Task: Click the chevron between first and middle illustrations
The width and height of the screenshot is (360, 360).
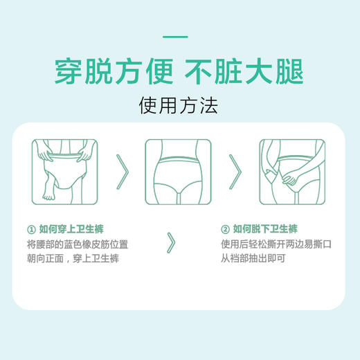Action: (x=123, y=170)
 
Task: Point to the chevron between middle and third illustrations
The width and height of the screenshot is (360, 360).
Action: (x=236, y=170)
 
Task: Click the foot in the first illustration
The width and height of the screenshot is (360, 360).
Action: (x=48, y=195)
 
